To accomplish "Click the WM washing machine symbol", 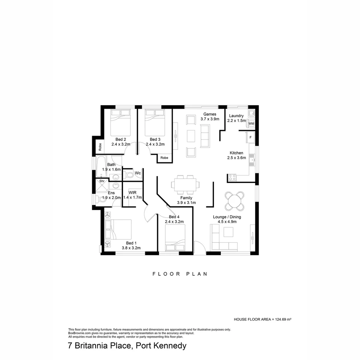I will (251, 124).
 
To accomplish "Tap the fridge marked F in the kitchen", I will (250, 137).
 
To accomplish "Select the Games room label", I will (210, 114).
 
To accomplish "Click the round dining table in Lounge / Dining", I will (234, 201).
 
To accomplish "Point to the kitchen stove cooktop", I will (232, 177).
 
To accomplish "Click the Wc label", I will (138, 173).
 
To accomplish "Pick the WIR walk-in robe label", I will (132, 193).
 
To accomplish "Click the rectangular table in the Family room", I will (185, 184).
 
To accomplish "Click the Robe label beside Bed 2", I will (100, 146).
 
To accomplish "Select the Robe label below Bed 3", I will (164, 158).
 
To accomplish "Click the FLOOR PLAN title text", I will (180, 274).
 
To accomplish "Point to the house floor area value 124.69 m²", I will (283, 319).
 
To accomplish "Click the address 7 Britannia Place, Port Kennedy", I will (127, 346).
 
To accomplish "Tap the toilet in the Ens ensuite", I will (101, 199).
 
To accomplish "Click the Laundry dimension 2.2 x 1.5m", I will (236, 121).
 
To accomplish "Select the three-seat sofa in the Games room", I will (204, 136).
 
